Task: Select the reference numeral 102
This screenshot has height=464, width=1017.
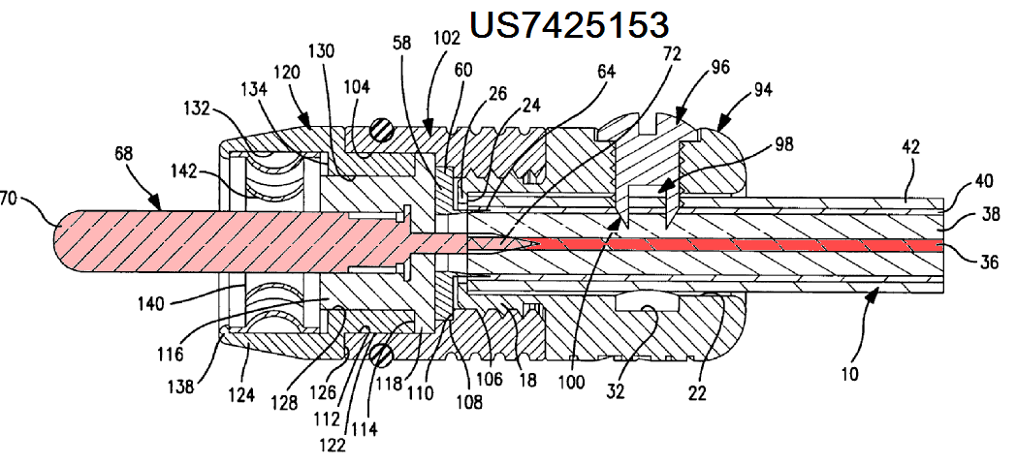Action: point(445,41)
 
